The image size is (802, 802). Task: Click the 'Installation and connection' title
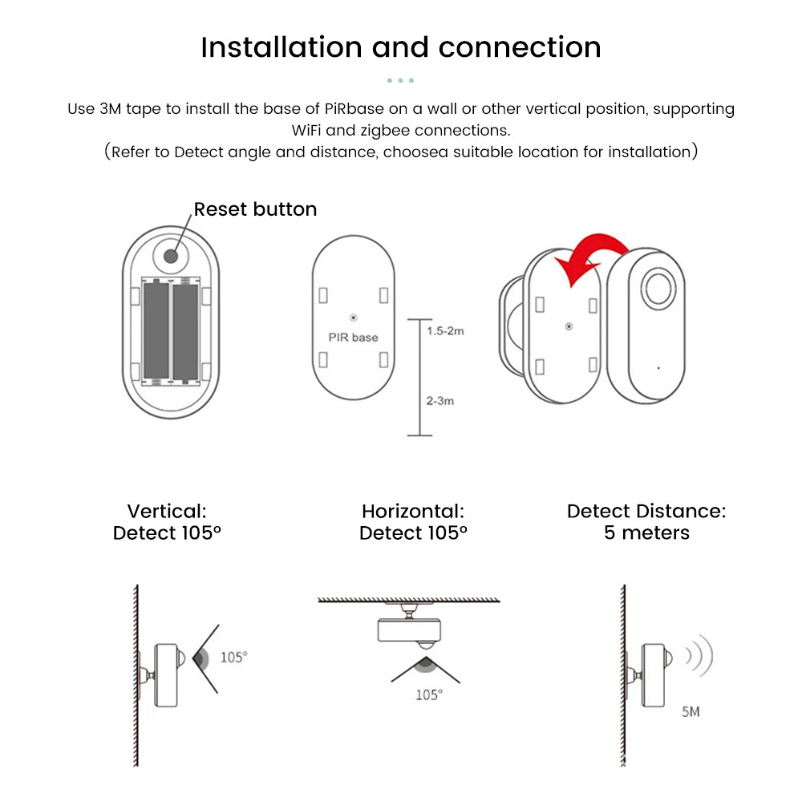(401, 47)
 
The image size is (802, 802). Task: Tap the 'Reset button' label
(255, 209)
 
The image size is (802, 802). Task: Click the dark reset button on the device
(170, 256)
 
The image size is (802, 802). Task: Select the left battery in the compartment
(155, 330)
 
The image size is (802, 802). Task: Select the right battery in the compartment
(185, 330)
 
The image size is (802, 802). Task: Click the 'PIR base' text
(353, 338)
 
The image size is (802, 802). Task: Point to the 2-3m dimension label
(439, 400)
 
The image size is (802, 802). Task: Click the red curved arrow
(593, 255)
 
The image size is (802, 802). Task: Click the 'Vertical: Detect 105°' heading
(167, 521)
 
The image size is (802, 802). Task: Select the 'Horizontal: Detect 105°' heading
(413, 521)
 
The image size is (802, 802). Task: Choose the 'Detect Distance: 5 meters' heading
(646, 521)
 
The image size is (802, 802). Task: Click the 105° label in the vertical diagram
(234, 657)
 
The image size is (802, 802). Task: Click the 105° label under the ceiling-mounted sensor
(428, 695)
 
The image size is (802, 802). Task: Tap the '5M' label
(690, 711)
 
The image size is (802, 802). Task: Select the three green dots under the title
(400, 80)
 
